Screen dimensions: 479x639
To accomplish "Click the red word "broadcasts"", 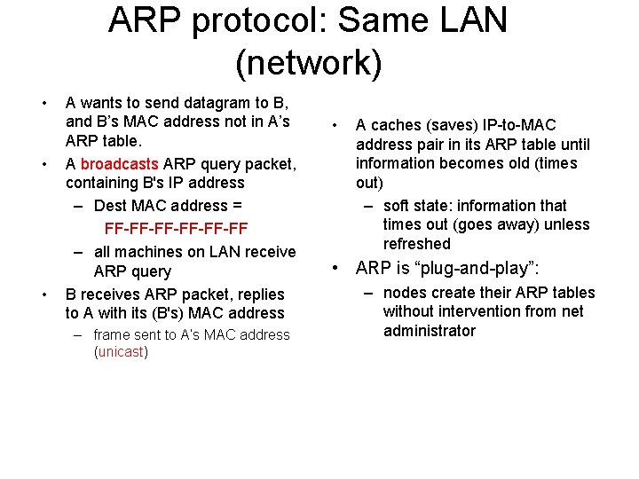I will tap(119, 164).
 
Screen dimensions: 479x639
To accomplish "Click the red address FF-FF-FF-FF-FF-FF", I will tap(176, 229).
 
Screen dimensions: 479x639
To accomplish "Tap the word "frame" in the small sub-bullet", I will tap(113, 334).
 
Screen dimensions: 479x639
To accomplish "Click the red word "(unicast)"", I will tap(121, 352).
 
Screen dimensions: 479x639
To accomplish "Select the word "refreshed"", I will tap(417, 244).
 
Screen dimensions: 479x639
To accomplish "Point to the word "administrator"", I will tap(430, 331).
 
